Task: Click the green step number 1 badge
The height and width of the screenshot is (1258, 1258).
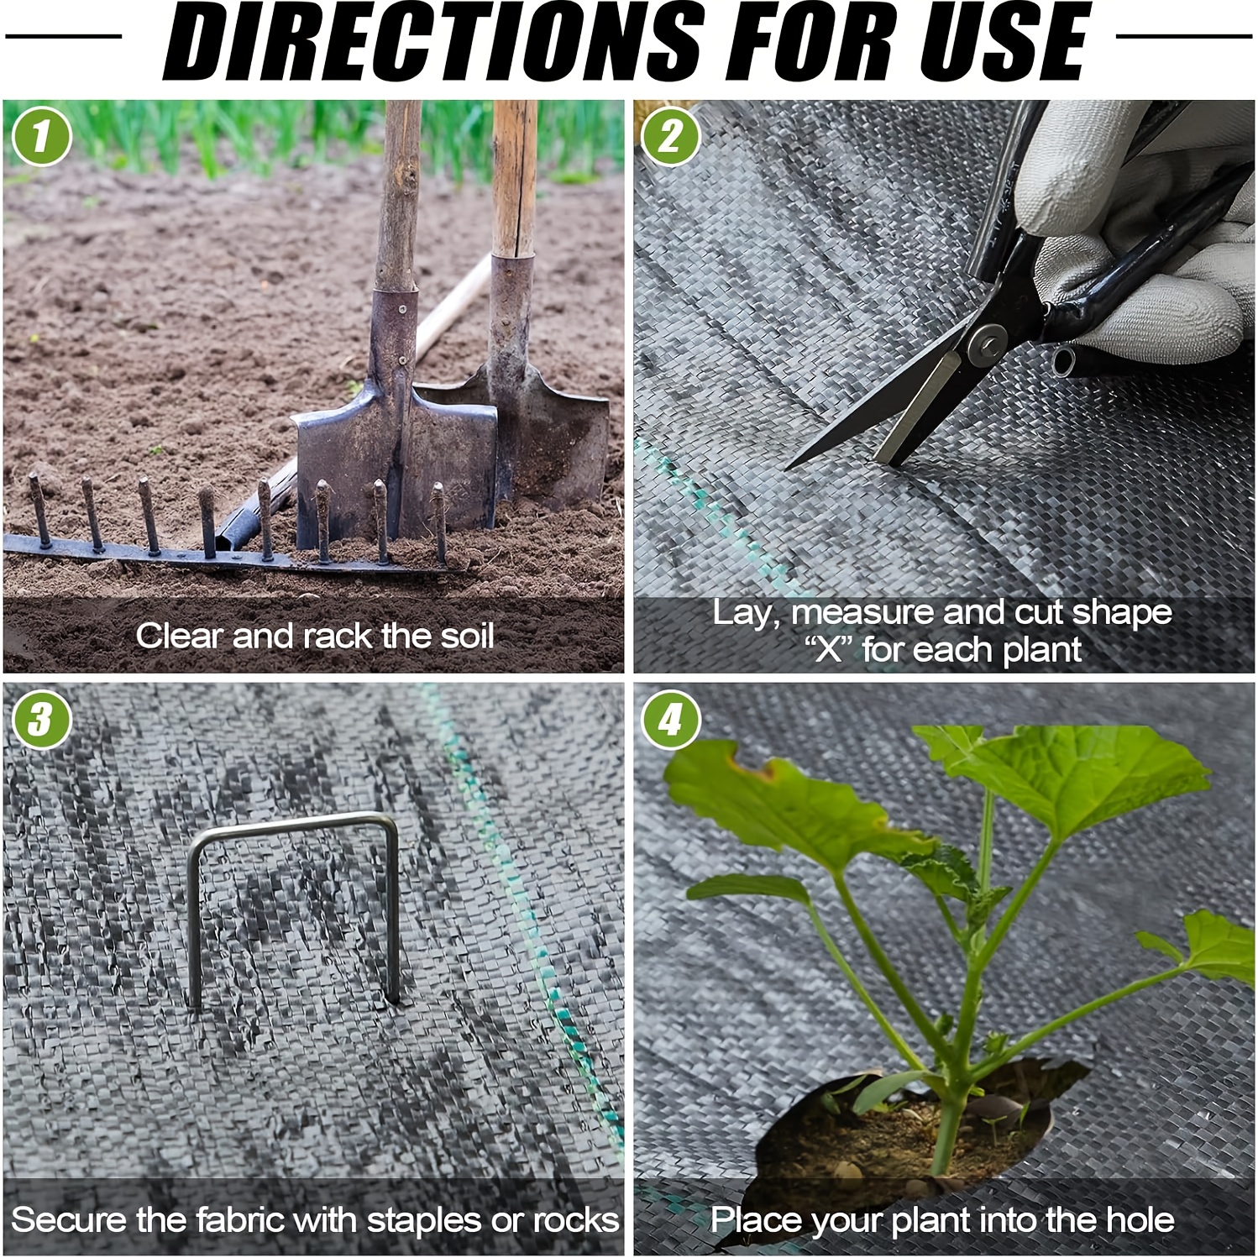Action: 41,136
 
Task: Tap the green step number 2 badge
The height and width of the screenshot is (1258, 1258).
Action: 669,136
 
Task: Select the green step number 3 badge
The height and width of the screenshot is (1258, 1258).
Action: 41,720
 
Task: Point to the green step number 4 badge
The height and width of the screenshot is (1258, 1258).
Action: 669,720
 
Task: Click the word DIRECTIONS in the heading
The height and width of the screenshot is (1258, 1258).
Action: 433,41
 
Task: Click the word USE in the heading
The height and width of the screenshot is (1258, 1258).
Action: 1004,41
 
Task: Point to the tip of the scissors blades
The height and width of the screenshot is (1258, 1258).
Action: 789,467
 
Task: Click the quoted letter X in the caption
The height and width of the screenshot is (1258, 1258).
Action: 830,650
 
